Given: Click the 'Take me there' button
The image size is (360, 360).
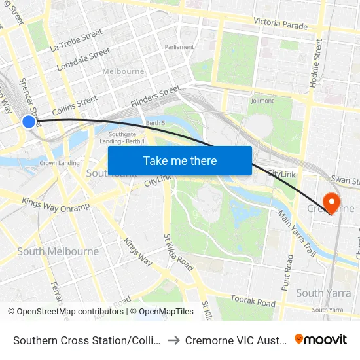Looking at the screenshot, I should click(x=180, y=161).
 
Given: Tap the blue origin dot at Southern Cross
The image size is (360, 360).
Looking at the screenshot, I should click(x=29, y=121).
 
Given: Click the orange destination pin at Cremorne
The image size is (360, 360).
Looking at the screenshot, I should click(x=331, y=202).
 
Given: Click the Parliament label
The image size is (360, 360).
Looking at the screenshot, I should click(x=179, y=47).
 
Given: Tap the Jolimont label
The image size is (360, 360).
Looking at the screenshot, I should click(x=262, y=101).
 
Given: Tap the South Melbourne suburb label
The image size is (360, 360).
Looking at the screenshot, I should click(x=58, y=251).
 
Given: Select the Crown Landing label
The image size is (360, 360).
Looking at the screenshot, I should click(x=59, y=163).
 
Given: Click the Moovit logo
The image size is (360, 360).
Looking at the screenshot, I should click(x=321, y=340).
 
